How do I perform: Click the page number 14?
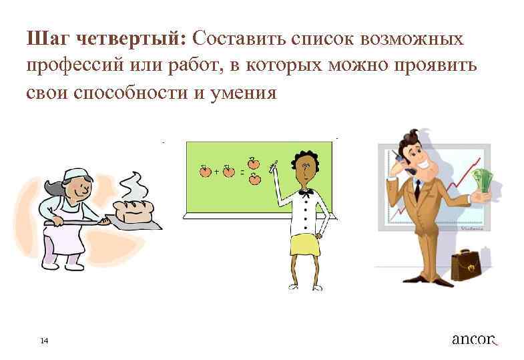tap(44, 341)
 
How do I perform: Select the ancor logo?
tap(475, 339)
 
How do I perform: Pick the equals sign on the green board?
tap(241, 172)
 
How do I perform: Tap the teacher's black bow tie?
tap(306, 192)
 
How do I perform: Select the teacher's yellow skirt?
tap(304, 246)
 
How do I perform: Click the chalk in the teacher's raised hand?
tap(272, 164)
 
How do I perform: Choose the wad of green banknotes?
tap(482, 180)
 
